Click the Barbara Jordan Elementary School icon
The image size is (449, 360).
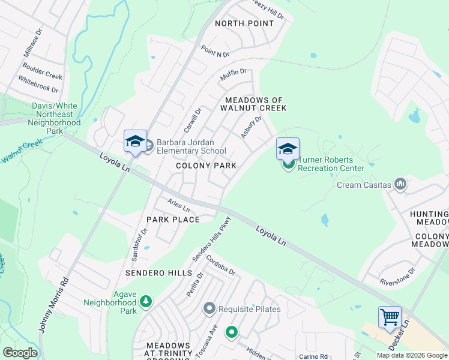[135, 142]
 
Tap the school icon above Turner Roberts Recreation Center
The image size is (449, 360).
[288, 148]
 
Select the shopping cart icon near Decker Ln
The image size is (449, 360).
[390, 316]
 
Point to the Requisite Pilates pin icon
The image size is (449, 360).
[209, 309]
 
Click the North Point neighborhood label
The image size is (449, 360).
[244, 23]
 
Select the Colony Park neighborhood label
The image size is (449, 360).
[206, 165]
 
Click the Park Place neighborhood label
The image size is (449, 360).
[173, 220]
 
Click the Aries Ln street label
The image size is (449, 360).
[178, 206]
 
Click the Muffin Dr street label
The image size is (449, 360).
[234, 75]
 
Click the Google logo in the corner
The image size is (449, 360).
[20, 353]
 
